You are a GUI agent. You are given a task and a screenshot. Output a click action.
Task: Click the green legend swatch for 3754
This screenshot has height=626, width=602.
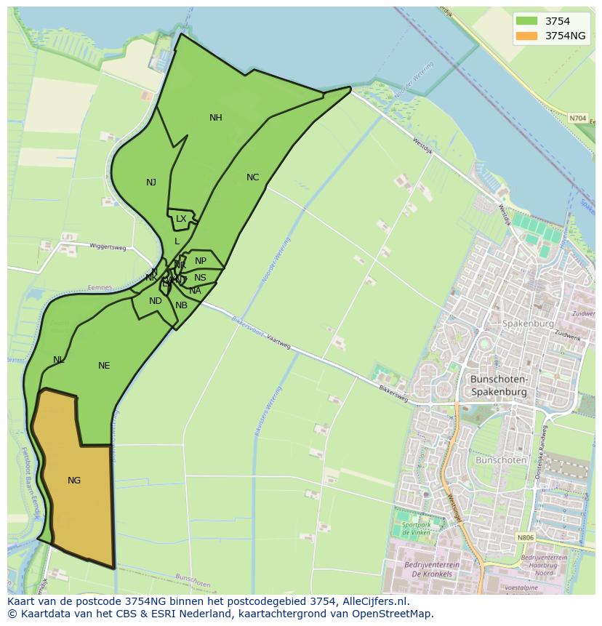pos(526,22)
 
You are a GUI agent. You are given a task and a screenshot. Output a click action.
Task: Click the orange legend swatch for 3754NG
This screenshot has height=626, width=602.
pos(526,36)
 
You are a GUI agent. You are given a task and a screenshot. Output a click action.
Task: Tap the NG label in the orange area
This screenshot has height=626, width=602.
pos(74,481)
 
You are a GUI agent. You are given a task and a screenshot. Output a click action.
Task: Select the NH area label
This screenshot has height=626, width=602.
pos(216,118)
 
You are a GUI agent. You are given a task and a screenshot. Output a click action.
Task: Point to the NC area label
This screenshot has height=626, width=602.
pos(252,177)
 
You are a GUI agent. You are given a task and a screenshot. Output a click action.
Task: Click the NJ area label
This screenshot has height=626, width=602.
pos(151,182)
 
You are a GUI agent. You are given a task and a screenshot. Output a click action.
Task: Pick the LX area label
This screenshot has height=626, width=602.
pos(181,219)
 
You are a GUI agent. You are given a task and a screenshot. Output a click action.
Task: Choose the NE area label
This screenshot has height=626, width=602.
pos(104,366)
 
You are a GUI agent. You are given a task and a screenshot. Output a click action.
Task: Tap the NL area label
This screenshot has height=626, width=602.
pos(59,360)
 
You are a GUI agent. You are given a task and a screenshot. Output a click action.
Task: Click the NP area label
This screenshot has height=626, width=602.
pos(201,261)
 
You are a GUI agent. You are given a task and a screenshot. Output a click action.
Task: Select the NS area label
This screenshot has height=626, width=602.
pos(200,278)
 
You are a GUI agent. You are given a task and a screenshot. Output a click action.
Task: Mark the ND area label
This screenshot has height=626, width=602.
pos(156,301)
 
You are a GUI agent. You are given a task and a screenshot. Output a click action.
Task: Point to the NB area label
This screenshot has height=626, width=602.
pos(181,305)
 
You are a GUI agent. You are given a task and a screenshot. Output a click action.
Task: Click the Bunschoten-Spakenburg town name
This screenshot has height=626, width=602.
pos(499,386)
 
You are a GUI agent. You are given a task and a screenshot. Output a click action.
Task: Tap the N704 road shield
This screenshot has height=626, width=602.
pos(577,118)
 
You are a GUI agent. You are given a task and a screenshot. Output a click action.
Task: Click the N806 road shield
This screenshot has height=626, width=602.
pos(526,538)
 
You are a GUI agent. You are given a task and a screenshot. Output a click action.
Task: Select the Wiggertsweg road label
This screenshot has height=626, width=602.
pos(108,247)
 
